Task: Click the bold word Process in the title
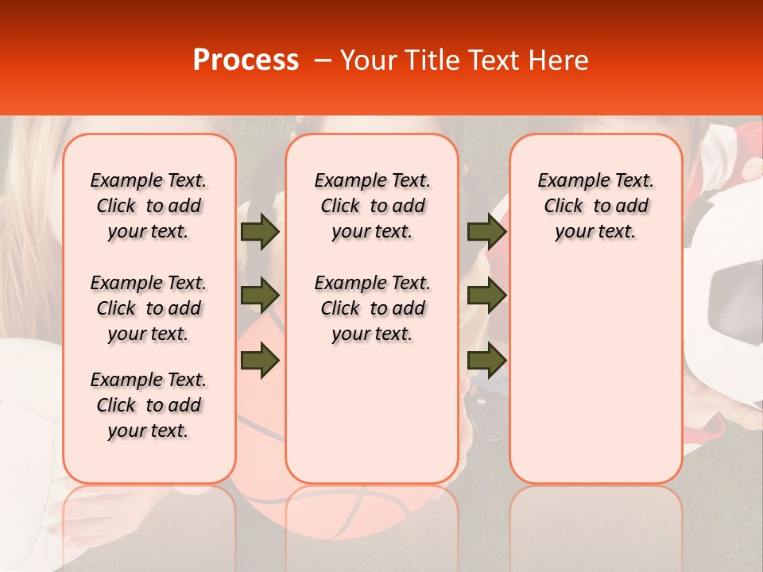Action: pyautogui.click(x=246, y=60)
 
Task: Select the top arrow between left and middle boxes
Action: pyautogui.click(x=260, y=231)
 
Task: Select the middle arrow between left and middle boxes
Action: pyautogui.click(x=260, y=296)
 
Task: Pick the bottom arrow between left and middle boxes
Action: pyautogui.click(x=260, y=360)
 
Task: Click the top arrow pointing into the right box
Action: pyautogui.click(x=486, y=231)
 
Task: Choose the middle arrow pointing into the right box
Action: pyautogui.click(x=486, y=296)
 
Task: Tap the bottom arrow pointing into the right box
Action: pyautogui.click(x=486, y=360)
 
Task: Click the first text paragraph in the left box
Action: pyautogui.click(x=149, y=206)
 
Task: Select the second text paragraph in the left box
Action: pyautogui.click(x=149, y=308)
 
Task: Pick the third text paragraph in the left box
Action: pyautogui.click(x=149, y=405)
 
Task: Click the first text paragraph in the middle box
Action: pyautogui.click(x=372, y=206)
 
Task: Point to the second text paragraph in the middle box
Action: pyautogui.click(x=372, y=308)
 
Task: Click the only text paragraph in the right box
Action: pyautogui.click(x=596, y=206)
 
